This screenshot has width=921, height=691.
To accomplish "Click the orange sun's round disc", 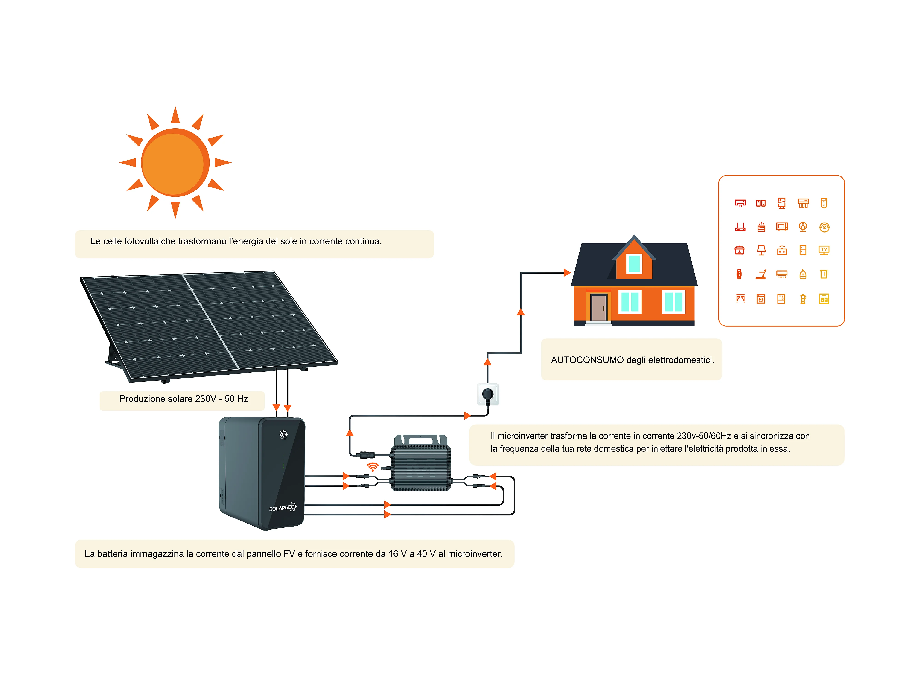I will click(x=175, y=162).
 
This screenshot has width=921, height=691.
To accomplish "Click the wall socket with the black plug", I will click(x=488, y=394).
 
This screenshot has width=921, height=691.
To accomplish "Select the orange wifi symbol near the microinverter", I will click(x=373, y=466).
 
